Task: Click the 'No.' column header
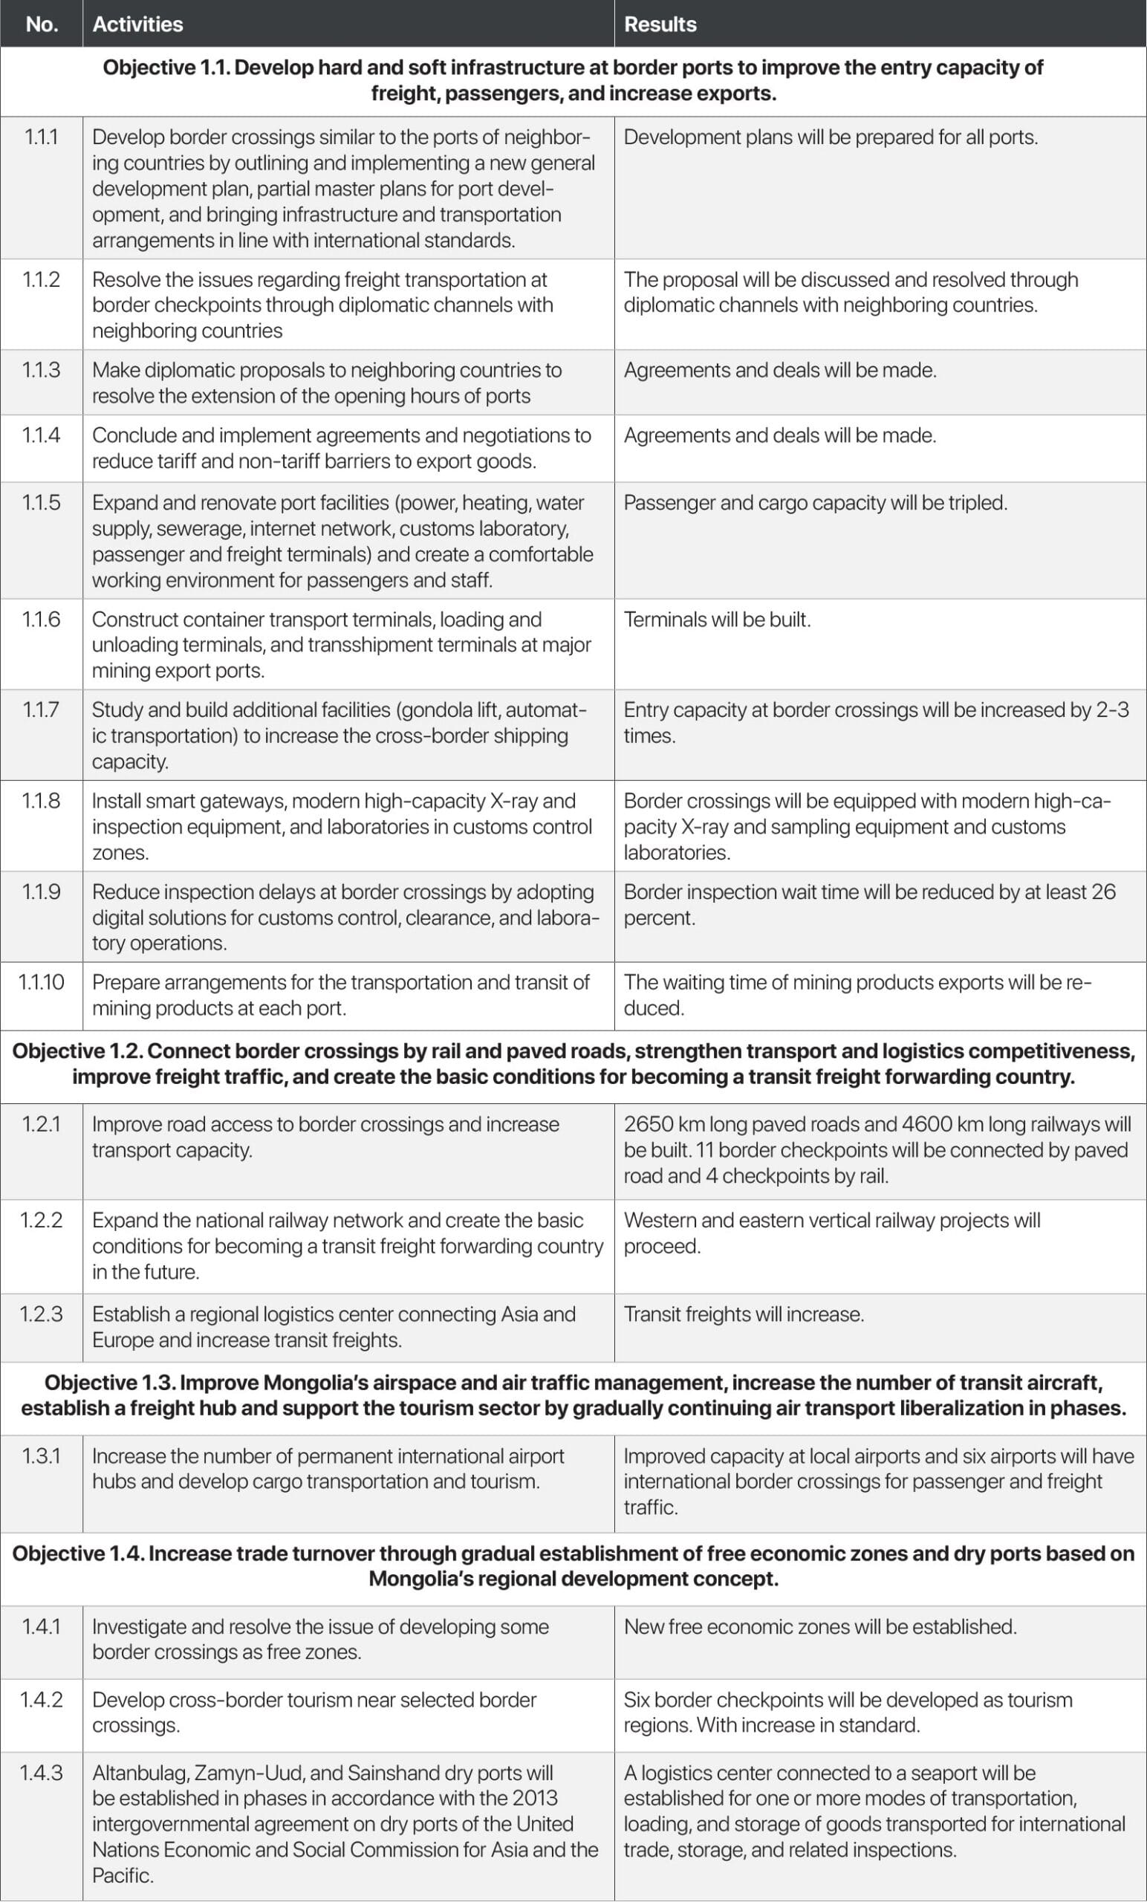(42, 24)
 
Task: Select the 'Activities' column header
(137, 24)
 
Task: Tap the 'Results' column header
(660, 24)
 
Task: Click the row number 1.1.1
(42, 137)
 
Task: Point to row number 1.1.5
(42, 502)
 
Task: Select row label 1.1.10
(42, 982)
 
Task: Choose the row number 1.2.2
(42, 1221)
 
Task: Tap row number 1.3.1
(42, 1455)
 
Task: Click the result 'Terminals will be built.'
(717, 620)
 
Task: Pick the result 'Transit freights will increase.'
(744, 1314)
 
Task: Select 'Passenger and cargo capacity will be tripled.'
(815, 502)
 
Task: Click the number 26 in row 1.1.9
(1103, 892)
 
